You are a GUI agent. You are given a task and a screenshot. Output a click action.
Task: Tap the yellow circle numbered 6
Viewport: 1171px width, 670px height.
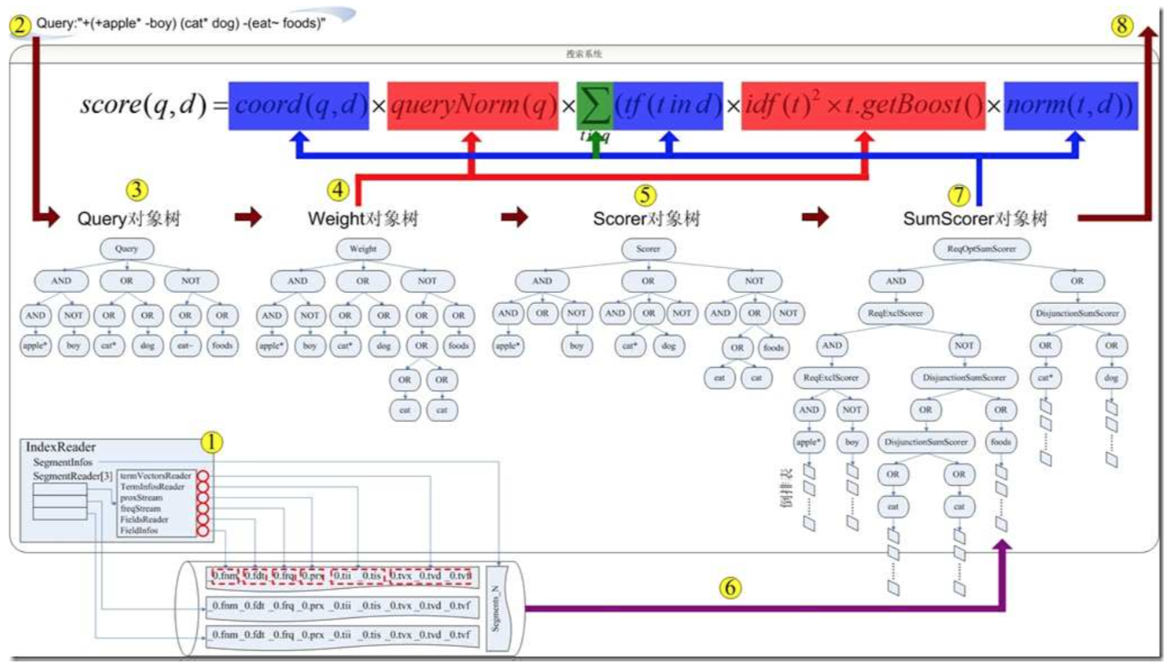coord(729,588)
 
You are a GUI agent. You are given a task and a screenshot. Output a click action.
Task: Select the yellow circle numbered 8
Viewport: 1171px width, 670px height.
coord(1121,25)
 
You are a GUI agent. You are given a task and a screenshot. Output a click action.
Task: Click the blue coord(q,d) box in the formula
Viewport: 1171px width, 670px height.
coord(299,106)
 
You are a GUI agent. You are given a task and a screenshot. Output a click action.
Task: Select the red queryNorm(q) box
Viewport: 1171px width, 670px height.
coord(472,106)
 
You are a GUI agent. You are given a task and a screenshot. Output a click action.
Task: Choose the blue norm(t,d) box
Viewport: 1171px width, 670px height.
coord(1071,106)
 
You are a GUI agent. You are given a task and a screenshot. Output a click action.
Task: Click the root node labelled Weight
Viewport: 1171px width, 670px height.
coord(362,250)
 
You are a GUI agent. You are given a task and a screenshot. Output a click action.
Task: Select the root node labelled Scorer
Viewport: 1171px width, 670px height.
coord(648,250)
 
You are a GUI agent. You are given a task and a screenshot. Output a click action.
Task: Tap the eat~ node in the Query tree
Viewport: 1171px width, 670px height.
coord(183,347)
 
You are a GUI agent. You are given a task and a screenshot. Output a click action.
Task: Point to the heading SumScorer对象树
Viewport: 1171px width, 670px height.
coord(976,220)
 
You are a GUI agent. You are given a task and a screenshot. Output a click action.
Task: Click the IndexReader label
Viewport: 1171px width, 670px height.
coord(61,448)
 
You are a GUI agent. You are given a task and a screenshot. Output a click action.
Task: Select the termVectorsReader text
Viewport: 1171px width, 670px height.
coord(156,475)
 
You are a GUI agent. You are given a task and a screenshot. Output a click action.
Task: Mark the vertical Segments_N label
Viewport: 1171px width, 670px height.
coord(498,608)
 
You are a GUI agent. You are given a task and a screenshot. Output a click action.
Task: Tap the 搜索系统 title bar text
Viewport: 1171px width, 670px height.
coord(584,53)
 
